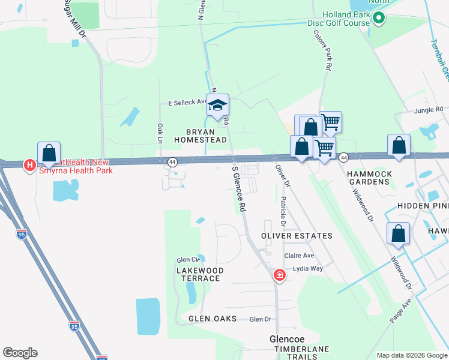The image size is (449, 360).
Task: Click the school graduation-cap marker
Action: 217,105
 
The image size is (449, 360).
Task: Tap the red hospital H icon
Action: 28,165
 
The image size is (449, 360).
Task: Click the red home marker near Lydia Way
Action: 279,275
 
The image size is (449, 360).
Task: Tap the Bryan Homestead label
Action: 200,135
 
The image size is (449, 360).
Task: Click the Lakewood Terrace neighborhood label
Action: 200,274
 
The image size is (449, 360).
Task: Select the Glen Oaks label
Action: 212,319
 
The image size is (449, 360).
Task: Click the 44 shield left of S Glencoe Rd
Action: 172,162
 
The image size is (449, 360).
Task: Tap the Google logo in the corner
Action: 20,353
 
